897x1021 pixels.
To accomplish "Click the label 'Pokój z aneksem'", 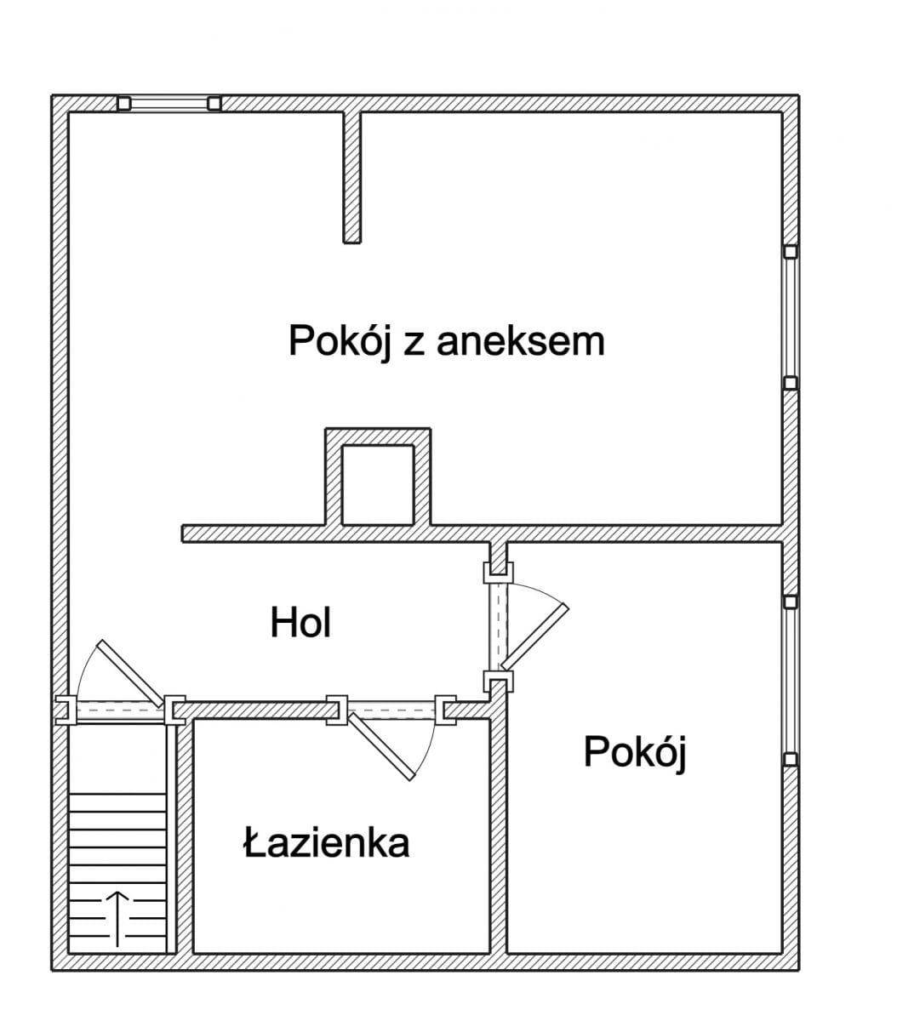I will pos(446,341).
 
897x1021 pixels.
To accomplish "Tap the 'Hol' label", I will pos(300,623).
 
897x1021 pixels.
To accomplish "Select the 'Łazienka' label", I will pos(326,843).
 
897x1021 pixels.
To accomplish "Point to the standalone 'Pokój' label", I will pos(635,752).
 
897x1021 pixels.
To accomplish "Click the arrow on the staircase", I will pos(117,918).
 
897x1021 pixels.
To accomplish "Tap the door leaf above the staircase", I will pos(129,672).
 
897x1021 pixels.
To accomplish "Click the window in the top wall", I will pos(169,103).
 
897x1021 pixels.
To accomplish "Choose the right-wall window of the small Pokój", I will pos(791,680).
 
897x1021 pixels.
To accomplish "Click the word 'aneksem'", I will pos(520,341).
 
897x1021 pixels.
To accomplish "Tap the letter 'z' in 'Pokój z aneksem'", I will pos(413,343).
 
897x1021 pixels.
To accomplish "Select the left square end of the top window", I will pos(123,103).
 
